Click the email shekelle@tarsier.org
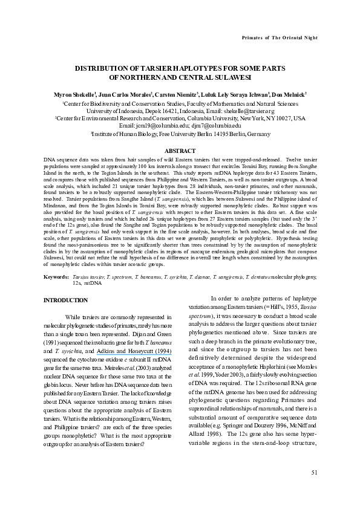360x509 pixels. [246, 111]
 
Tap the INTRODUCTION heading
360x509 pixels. [67, 300]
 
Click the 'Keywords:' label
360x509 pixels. [56, 277]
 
